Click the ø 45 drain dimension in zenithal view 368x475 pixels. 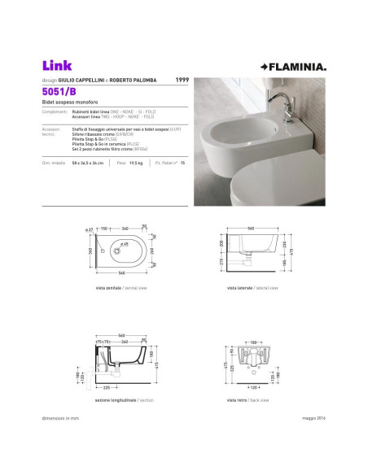(125, 244)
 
